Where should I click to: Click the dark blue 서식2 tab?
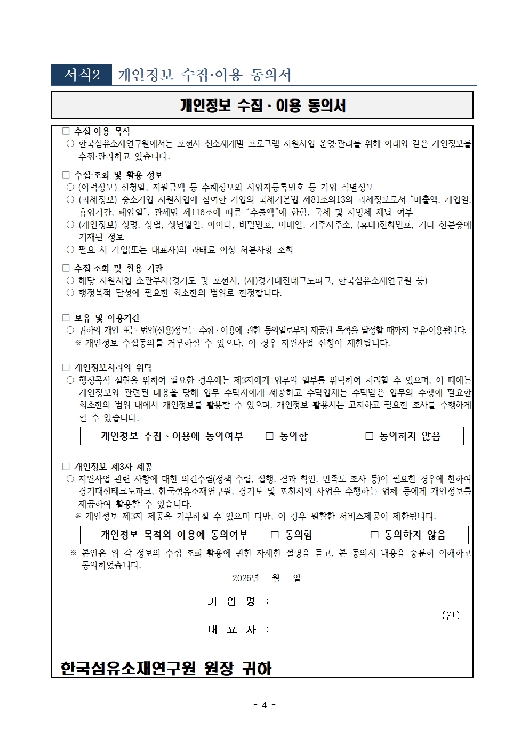coord(82,75)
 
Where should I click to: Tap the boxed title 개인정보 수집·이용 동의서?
coord(262,106)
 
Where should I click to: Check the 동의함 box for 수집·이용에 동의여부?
coord(270,436)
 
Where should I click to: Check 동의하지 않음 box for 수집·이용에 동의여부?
coord(369,436)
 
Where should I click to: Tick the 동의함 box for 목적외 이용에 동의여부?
coord(275,535)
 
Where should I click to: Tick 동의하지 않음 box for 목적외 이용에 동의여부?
coord(374,535)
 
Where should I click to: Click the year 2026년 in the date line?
coord(245,578)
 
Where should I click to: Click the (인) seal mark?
coord(451,615)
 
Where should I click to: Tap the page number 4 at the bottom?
coord(264,705)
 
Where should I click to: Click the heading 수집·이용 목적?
coord(102,131)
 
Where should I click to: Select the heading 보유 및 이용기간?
coord(107,318)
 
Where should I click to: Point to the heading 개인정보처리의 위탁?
coord(113,367)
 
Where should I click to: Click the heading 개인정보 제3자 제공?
coord(113,467)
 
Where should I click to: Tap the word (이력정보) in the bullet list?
coord(98,187)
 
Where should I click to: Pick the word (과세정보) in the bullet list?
coord(98,199)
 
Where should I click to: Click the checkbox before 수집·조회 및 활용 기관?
coord(66,268)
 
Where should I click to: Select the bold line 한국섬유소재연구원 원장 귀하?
coord(166,668)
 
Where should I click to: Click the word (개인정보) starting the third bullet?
coord(98,224)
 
